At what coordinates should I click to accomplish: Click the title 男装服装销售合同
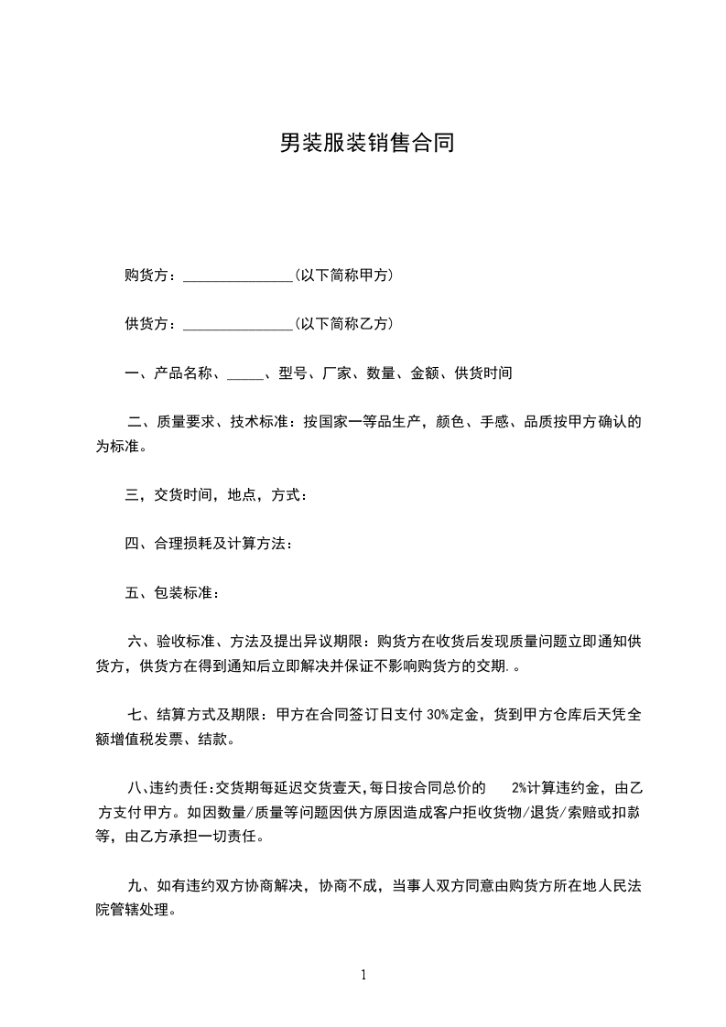[366, 144]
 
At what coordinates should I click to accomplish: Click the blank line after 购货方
[237, 276]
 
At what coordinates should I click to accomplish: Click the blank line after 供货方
[237, 324]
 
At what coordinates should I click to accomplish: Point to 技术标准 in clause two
[259, 422]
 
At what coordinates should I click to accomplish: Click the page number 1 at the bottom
[363, 975]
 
